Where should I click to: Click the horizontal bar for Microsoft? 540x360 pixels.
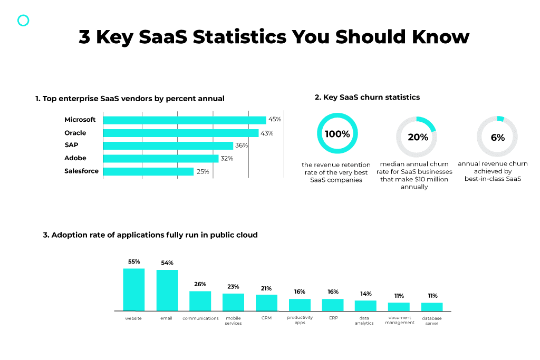185,120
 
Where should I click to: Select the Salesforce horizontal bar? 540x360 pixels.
148,171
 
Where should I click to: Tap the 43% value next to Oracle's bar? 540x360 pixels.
267,133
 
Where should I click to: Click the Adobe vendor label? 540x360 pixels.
75,158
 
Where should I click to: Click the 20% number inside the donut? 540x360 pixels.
418,137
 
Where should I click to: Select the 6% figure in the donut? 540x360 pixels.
497,137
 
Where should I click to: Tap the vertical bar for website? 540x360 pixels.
133,289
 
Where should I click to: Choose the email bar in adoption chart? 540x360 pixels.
167,290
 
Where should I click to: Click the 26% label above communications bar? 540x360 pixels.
200,284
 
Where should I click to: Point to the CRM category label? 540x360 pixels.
266,318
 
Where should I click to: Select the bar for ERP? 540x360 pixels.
333,305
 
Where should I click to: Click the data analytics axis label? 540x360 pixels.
364,320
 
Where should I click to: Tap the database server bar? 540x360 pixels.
432,306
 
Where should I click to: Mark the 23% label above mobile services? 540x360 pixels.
233,287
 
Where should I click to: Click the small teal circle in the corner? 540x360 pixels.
23,21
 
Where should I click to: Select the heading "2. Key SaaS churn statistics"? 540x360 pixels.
367,98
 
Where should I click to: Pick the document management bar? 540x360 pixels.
399,306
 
